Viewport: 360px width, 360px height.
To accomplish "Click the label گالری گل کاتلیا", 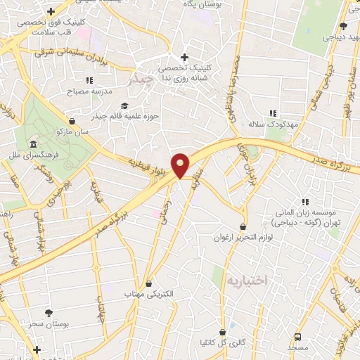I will (222, 342).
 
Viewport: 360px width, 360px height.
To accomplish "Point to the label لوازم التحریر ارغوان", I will (243, 238).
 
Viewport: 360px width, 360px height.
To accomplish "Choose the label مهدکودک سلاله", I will (274, 124).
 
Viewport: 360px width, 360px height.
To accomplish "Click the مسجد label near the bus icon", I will (297, 348).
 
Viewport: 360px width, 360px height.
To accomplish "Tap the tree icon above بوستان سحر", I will (49, 311).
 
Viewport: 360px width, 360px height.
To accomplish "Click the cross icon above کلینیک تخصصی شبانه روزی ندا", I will (184, 58).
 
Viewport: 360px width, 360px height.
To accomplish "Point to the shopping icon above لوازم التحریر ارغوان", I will (243, 227).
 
